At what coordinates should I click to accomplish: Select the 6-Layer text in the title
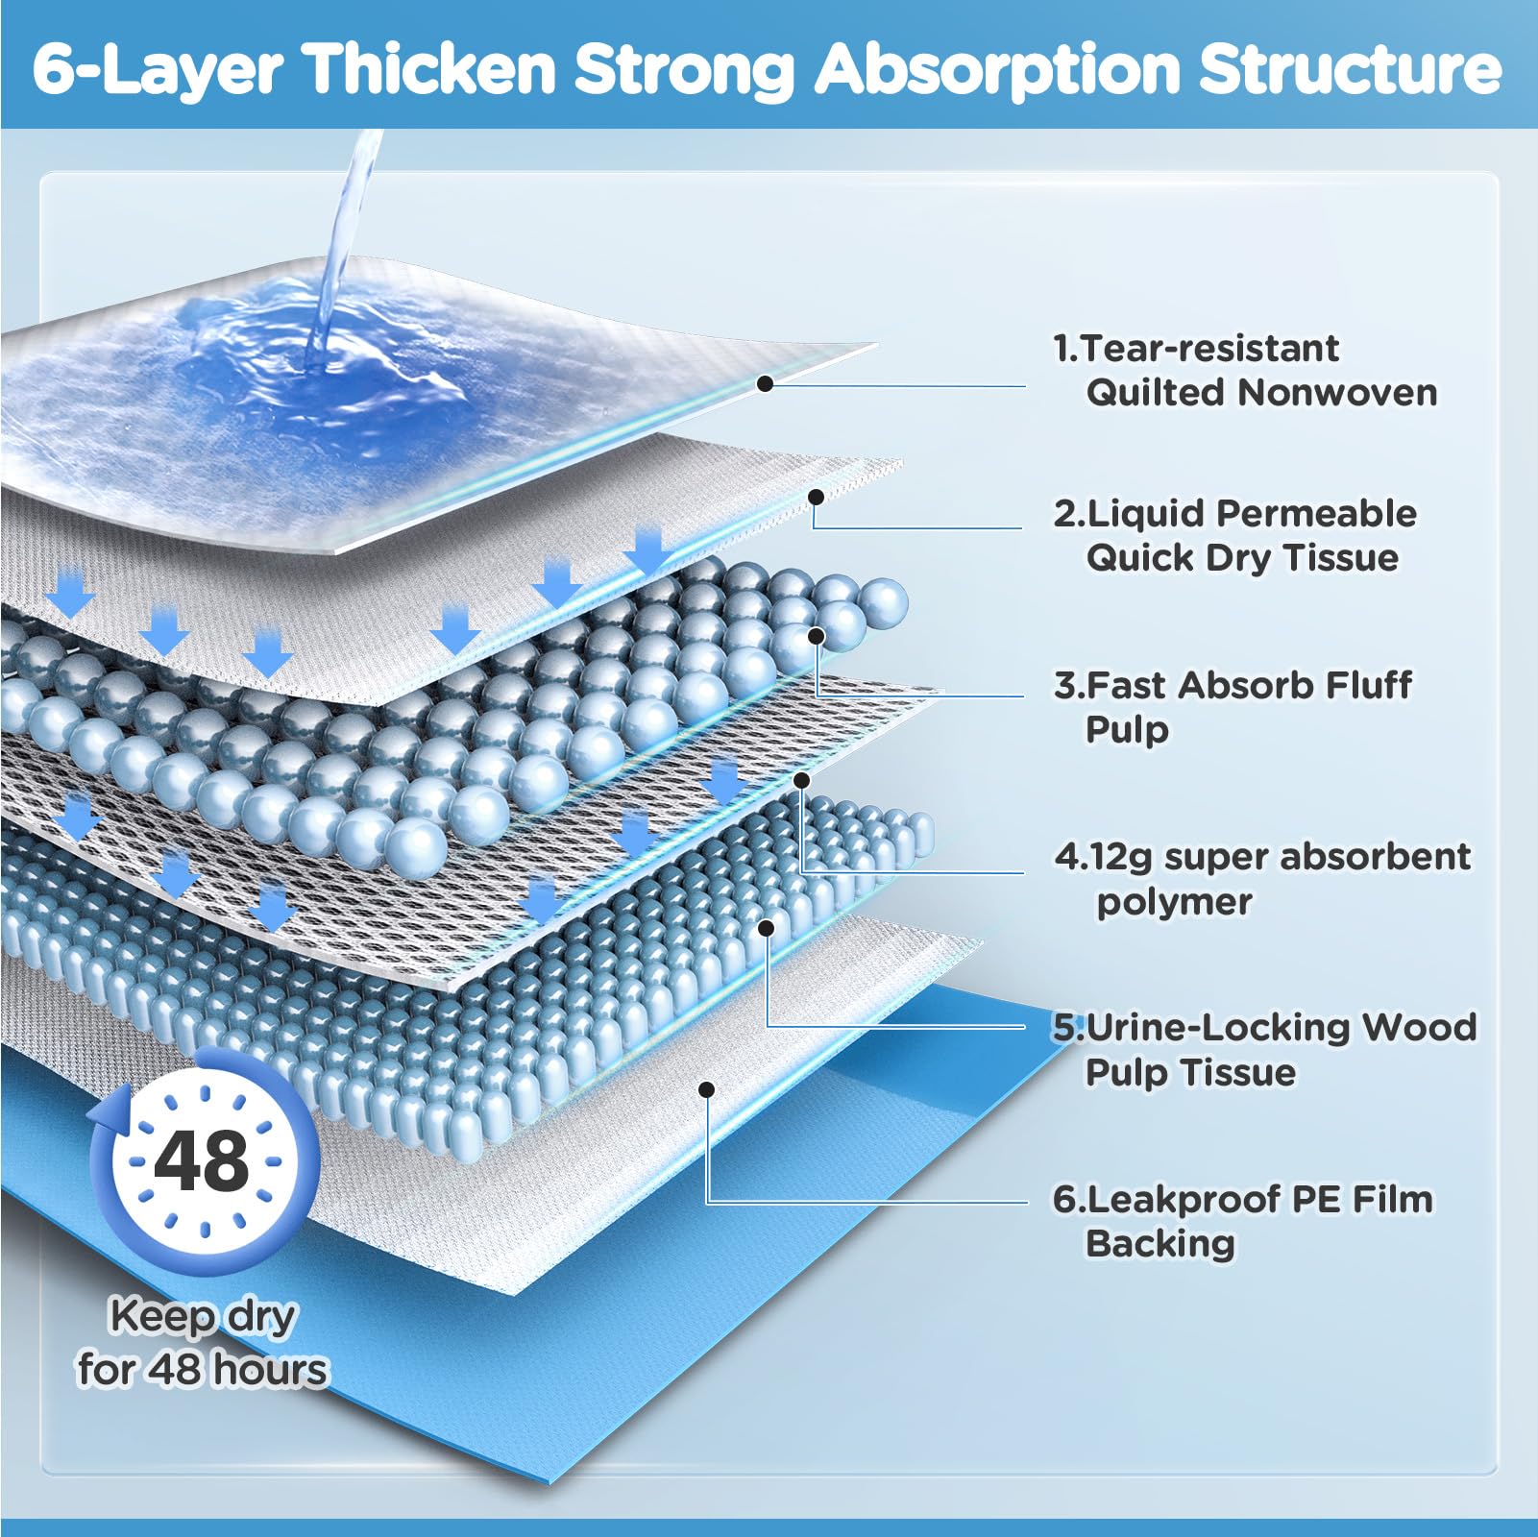coord(159,69)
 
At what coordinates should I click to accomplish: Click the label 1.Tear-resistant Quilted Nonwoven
coord(1244,370)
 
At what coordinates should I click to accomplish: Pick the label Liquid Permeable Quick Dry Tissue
coord(1234,535)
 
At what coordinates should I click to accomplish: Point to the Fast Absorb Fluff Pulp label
coord(1233,706)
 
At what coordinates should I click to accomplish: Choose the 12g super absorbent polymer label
coord(1262,878)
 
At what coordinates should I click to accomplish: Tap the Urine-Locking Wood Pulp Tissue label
coord(1264,1049)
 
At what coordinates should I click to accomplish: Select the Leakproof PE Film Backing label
coord(1242,1220)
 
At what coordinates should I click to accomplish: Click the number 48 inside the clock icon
coord(202,1160)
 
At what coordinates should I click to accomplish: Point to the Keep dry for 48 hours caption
coord(203,1342)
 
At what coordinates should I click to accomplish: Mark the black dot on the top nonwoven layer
coord(765,383)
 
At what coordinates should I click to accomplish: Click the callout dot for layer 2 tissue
coord(816,497)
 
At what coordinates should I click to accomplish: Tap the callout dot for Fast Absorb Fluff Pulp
coord(817,636)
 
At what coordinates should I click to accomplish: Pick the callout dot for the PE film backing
coord(706,1089)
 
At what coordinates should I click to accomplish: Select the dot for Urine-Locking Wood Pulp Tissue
coord(766,927)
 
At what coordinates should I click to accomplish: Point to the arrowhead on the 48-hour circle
coord(105,1114)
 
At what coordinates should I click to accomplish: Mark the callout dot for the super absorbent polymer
coord(801,780)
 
